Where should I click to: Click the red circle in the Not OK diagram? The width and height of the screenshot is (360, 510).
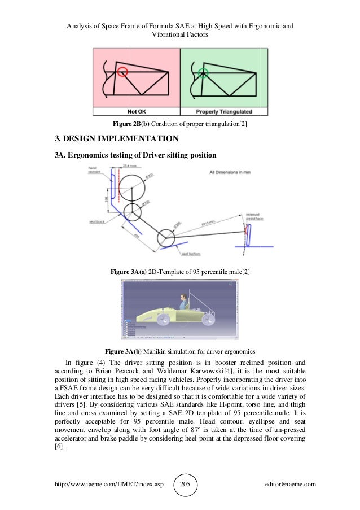122,72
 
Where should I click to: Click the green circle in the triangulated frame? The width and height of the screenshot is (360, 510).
203,72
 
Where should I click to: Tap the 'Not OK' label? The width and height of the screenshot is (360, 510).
137,111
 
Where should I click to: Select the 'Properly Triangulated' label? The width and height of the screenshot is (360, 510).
223,111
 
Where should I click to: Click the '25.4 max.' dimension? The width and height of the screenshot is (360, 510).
131,165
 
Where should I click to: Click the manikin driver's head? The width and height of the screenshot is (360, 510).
182,297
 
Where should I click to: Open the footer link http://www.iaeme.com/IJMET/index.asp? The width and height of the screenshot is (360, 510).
109,484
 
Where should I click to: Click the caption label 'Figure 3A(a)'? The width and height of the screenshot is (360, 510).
128,272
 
